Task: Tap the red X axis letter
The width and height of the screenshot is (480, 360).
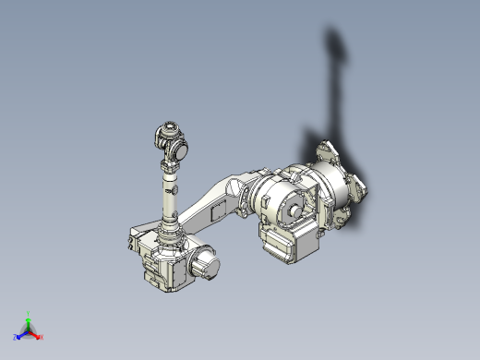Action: (42, 338)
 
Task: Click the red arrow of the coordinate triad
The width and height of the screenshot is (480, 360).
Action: (36, 334)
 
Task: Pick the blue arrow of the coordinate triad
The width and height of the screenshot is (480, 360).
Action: (22, 333)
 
